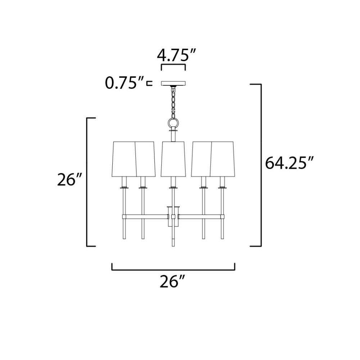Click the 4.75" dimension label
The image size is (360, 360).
176,55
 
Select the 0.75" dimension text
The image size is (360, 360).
125,83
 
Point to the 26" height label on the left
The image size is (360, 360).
69,179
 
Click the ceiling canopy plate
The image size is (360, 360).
174,83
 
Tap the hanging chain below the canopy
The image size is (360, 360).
174,102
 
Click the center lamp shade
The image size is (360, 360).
174,159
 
